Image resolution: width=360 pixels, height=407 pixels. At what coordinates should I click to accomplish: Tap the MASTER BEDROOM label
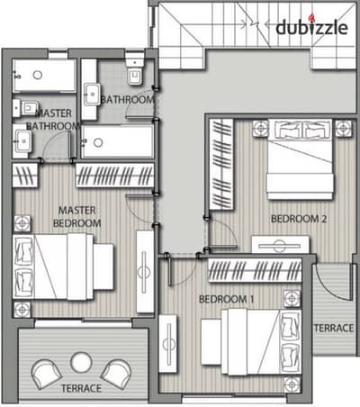pyautogui.click(x=76, y=217)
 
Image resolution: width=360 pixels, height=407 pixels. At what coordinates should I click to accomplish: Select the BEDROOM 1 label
pyautogui.click(x=227, y=299)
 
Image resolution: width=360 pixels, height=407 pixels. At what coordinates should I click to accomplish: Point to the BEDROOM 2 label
pyautogui.click(x=299, y=219)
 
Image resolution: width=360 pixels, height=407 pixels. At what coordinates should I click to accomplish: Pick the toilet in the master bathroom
pyautogui.click(x=25, y=108)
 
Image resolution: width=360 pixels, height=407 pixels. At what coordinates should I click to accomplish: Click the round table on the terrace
pyautogui.click(x=81, y=362)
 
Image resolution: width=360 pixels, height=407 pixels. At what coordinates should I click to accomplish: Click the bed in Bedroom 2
pyautogui.click(x=301, y=159)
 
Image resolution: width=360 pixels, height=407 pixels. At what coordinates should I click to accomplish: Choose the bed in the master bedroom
pyautogui.click(x=63, y=267)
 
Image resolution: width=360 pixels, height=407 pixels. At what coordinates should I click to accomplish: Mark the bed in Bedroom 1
pyautogui.click(x=251, y=342)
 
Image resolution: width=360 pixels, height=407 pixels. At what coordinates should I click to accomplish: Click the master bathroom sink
pyautogui.click(x=22, y=140)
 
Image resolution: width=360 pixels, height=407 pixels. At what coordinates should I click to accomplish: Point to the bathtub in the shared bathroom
pyautogui.click(x=118, y=141)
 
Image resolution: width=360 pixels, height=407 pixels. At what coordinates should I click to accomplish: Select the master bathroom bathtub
pyautogui.click(x=44, y=76)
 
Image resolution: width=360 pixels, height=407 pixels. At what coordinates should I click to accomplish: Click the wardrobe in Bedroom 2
pyautogui.click(x=221, y=164)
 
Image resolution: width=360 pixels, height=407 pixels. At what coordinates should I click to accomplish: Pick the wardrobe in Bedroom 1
pyautogui.click(x=255, y=270)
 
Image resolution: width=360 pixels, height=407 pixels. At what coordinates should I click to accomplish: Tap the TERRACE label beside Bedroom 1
pyautogui.click(x=334, y=328)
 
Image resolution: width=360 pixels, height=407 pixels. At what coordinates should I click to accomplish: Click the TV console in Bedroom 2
pyautogui.click(x=280, y=245)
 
